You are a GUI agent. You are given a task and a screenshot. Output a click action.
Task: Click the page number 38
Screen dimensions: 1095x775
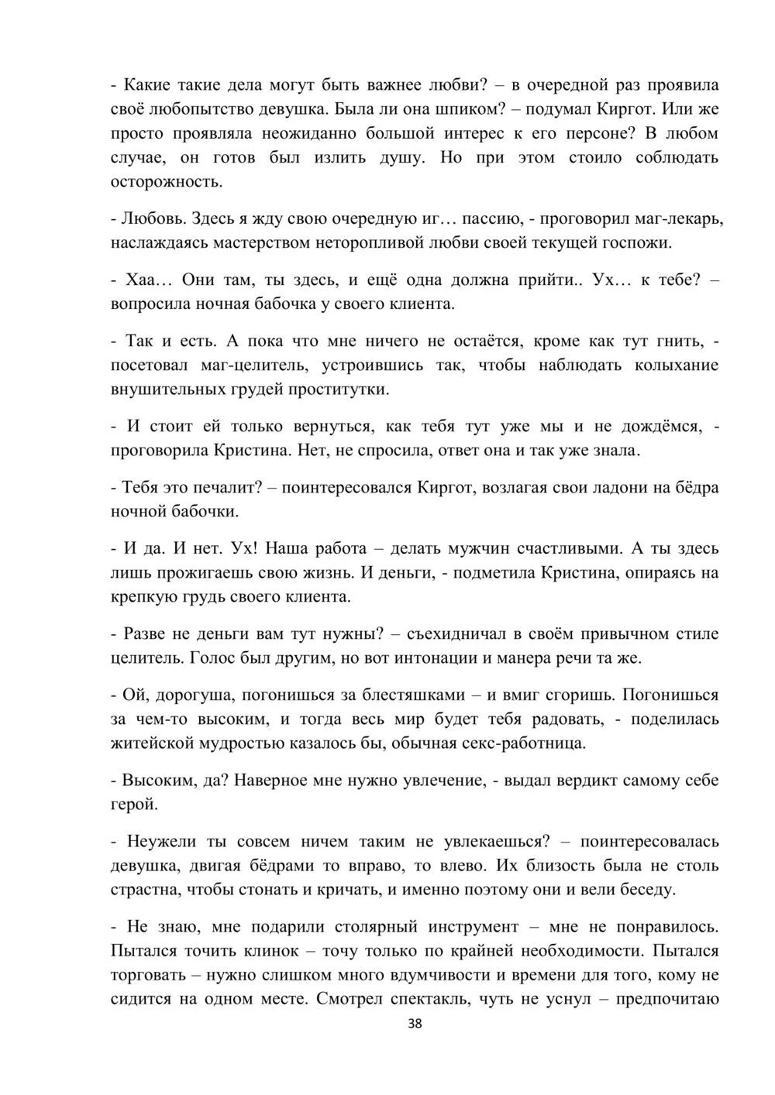415,1025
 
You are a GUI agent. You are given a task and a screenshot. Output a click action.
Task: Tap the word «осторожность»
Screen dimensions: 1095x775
167,183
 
